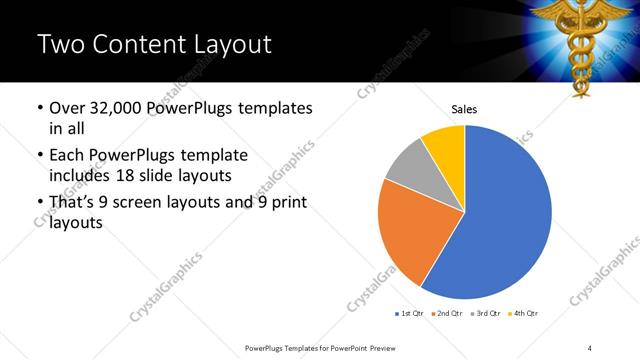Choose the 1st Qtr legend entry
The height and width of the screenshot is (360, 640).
coord(409,314)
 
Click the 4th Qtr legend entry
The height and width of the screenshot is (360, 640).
coord(524,314)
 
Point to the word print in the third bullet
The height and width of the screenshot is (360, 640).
coord(282,202)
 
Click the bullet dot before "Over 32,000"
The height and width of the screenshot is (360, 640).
coord(39,108)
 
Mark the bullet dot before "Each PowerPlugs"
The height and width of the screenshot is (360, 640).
coord(39,156)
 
